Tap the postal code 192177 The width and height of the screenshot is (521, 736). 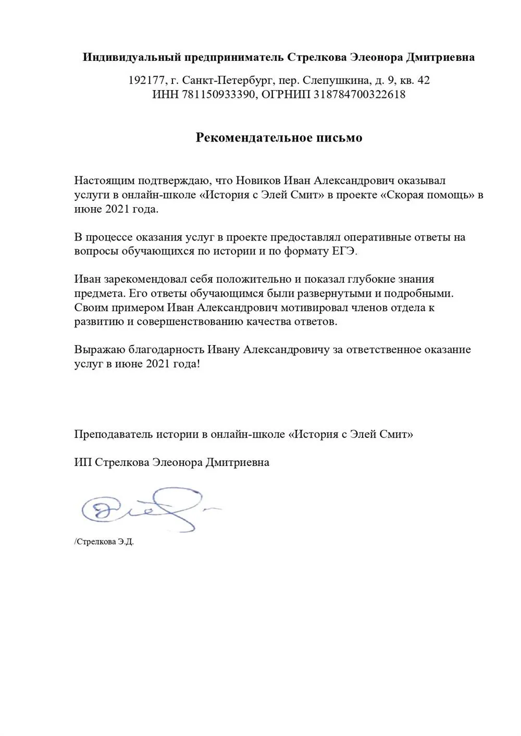[145, 81]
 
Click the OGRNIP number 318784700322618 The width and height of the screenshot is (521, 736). [359, 95]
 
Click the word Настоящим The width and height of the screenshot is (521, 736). [104, 181]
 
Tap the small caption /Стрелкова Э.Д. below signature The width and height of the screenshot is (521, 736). [104, 542]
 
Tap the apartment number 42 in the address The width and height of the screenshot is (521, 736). [423, 81]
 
